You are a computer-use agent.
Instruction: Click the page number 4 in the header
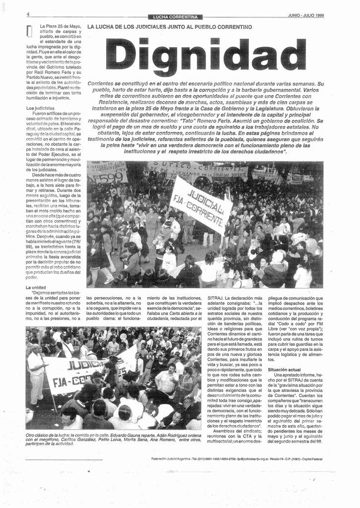click(x=28, y=14)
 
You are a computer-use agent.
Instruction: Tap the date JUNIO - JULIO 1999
click(x=305, y=15)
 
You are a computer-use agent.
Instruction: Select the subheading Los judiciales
click(x=40, y=108)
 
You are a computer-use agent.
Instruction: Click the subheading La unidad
click(x=36, y=287)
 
